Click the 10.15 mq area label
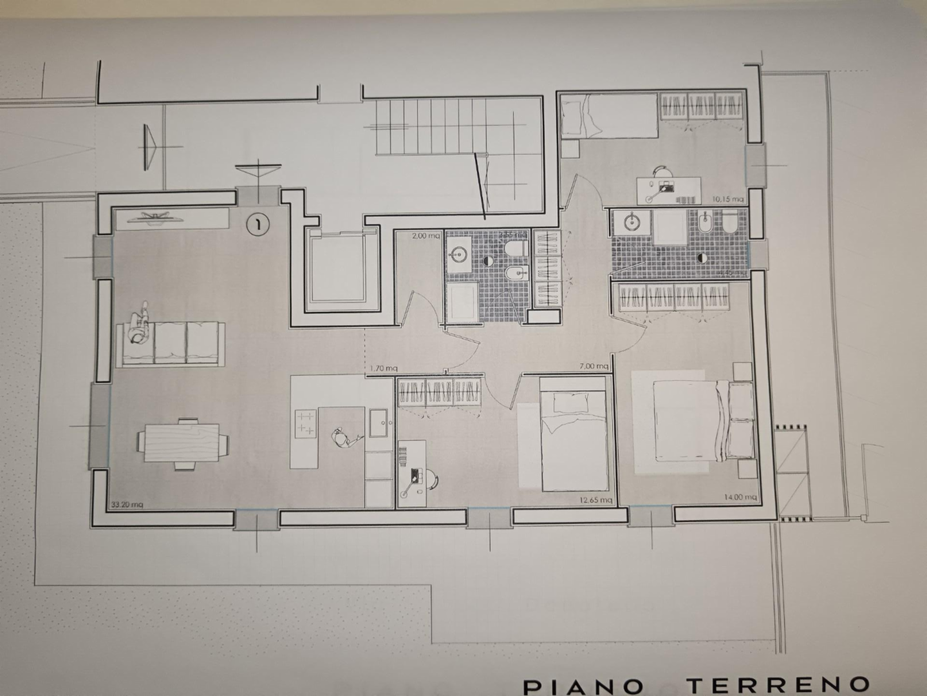[728, 198]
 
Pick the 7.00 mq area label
[594, 367]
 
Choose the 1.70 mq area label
[382, 369]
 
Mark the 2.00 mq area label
[427, 236]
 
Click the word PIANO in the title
[583, 685]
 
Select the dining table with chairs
[182, 443]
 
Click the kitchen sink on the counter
[379, 423]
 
